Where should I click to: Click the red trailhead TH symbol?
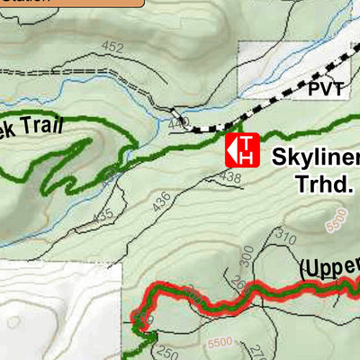pyautogui.click(x=242, y=149)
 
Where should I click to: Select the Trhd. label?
pyautogui.click(x=325, y=186)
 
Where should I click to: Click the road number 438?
pyautogui.click(x=230, y=178)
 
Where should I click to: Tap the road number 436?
pyautogui.click(x=162, y=202)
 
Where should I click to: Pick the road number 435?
pyautogui.click(x=103, y=215)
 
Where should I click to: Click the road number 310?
pyautogui.click(x=286, y=237)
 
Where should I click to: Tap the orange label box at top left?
pyautogui.click(x=72, y=4)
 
